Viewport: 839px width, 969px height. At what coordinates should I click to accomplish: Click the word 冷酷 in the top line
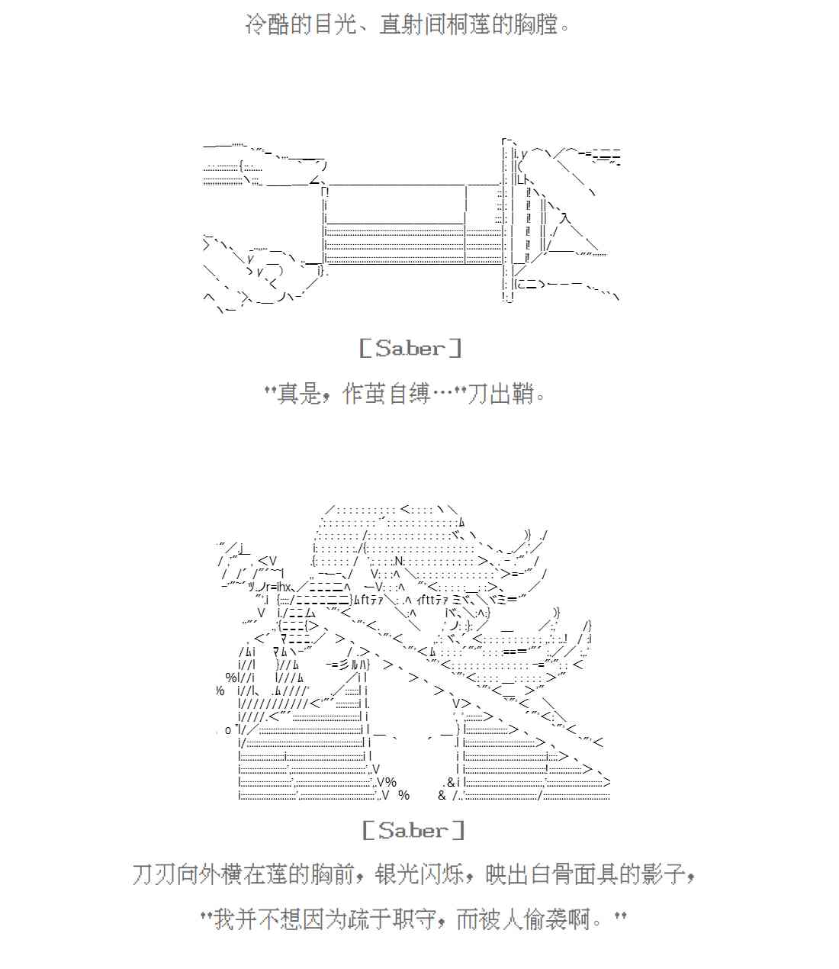(268, 24)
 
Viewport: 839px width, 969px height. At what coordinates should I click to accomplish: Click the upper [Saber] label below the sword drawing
(410, 349)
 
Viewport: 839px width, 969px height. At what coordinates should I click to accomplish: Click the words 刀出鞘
(499, 394)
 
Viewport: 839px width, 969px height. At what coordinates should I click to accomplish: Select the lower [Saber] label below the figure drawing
(413, 830)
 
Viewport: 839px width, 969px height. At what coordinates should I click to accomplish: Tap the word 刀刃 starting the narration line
(155, 874)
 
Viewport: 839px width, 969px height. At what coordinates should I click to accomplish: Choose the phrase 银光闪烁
(419, 874)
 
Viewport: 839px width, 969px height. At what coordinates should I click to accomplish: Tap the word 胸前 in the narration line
(332, 874)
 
